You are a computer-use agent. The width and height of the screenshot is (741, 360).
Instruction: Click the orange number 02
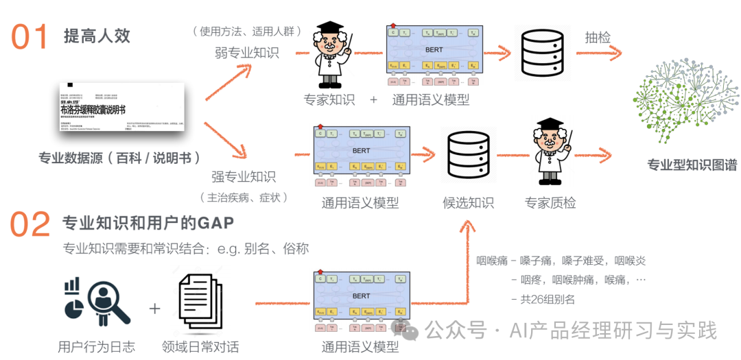pos(31,224)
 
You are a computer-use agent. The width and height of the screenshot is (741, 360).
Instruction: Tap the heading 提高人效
pos(97,36)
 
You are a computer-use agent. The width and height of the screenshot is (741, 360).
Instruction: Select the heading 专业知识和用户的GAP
pos(148,223)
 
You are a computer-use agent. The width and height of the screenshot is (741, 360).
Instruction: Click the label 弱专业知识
pos(246,52)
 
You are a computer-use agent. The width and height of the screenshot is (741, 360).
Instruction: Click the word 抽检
pos(598,37)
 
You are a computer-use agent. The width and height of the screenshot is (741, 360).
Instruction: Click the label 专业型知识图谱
pos(692,165)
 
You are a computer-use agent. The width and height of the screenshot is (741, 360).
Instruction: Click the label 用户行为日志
pos(97,346)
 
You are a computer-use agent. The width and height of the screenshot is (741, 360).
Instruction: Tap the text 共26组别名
pos(547,298)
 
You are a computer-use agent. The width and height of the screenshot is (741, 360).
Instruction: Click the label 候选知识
pos(468,202)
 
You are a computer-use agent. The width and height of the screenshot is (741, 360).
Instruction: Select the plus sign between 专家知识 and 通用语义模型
pos(373,99)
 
